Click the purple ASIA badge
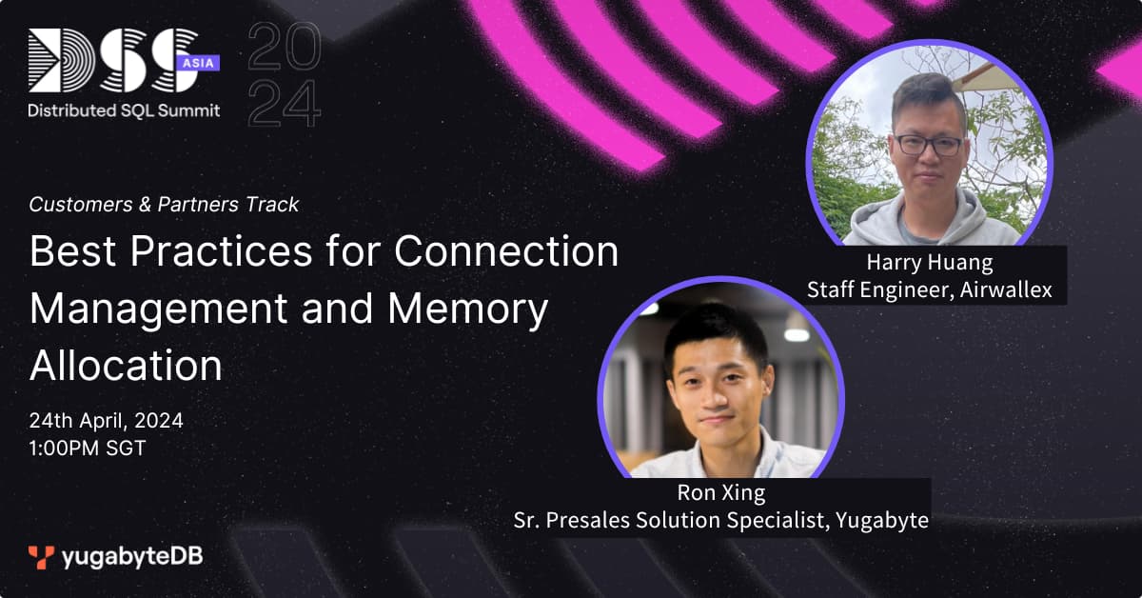(198, 63)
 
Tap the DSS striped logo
(113, 60)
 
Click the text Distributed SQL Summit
(124, 110)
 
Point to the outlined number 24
(285, 104)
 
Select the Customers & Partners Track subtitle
(164, 204)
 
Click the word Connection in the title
(506, 251)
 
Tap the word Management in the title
(159, 309)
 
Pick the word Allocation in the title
(126, 365)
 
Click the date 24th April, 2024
(106, 421)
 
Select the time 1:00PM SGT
(88, 448)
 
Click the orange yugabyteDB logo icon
(41, 557)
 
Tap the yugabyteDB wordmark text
(132, 557)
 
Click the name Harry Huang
(930, 262)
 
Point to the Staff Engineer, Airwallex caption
(930, 289)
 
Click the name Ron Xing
(721, 492)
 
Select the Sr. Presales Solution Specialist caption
(721, 520)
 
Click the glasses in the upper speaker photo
(929, 145)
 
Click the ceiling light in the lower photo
(797, 334)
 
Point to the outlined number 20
(285, 46)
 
